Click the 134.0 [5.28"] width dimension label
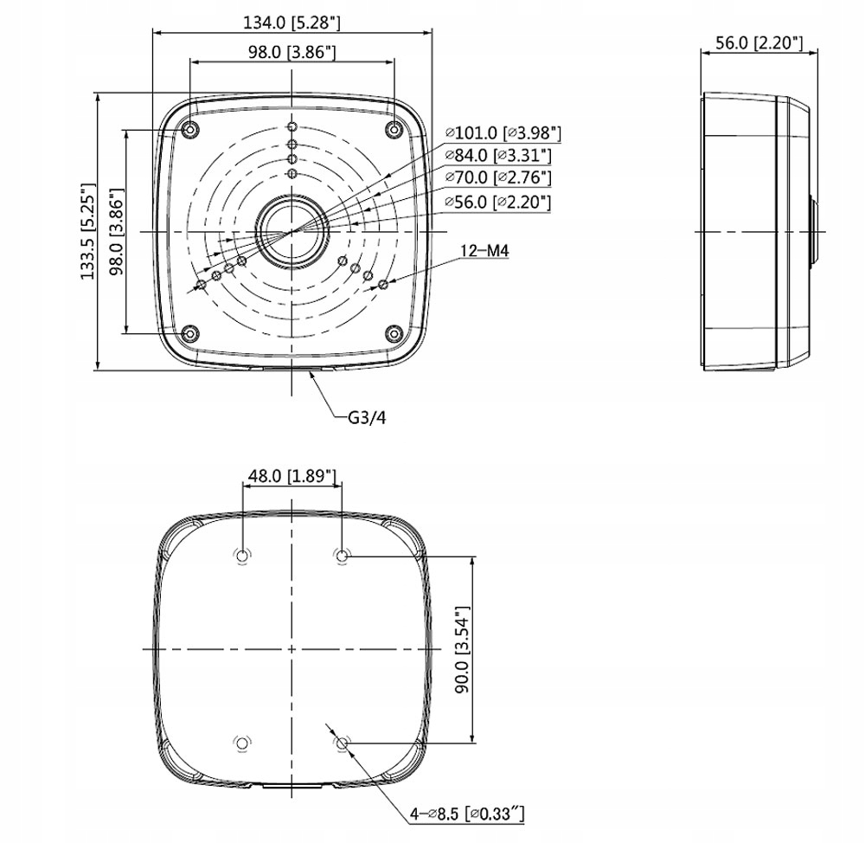(x=292, y=23)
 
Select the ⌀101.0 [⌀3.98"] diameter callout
(x=503, y=133)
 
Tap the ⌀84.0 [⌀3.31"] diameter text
(x=498, y=156)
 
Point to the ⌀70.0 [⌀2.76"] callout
(x=498, y=177)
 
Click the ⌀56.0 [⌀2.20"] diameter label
(x=498, y=203)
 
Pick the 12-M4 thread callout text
(x=485, y=251)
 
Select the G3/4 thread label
(x=367, y=417)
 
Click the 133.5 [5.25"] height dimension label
(x=88, y=231)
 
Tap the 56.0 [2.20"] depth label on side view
(x=759, y=42)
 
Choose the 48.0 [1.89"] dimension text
(x=292, y=476)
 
